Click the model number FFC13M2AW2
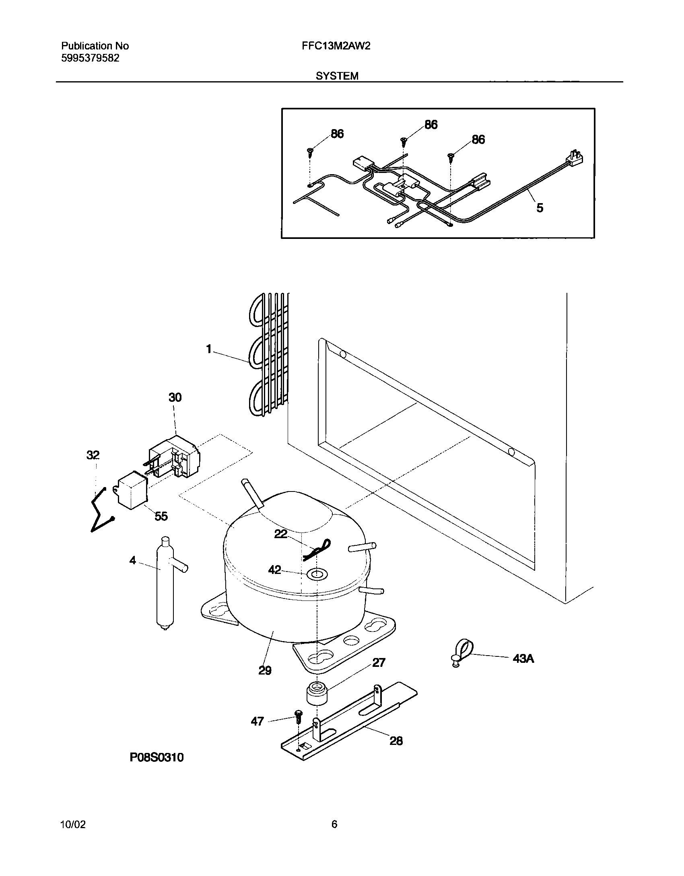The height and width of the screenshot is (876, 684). tap(336, 46)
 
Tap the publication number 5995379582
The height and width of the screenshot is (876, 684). tap(90, 58)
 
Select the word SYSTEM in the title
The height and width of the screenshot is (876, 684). tap(337, 76)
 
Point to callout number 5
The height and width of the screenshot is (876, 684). tap(540, 208)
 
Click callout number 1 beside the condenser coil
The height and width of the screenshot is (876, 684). tap(209, 349)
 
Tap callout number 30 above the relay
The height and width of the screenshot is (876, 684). tap(175, 397)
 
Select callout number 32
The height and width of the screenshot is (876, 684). tap(93, 455)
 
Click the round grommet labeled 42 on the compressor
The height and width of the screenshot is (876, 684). tap(317, 574)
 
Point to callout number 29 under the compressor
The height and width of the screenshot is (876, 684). tap(265, 670)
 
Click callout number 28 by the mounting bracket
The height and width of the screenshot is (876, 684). tap(396, 740)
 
